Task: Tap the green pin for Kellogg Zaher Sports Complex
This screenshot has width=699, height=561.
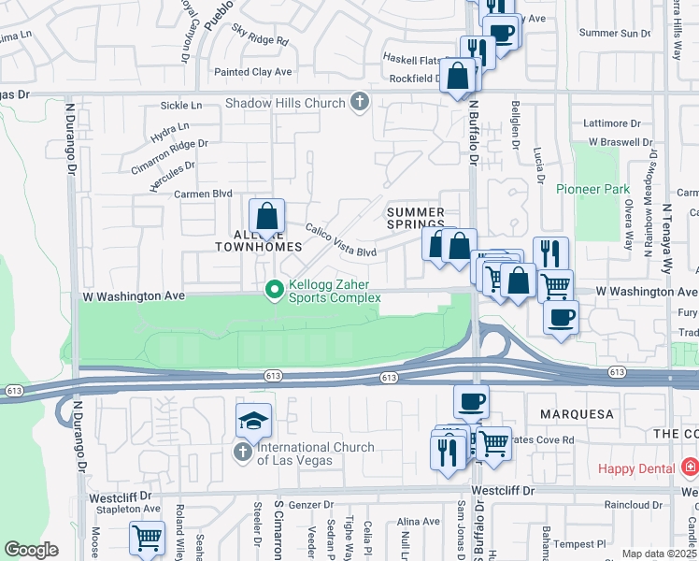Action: (274, 291)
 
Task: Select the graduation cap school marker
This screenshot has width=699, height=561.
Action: (253, 422)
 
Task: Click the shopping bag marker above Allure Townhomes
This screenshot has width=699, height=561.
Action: (267, 216)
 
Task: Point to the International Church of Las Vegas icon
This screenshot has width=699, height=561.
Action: (242, 453)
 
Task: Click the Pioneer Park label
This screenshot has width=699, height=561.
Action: (592, 189)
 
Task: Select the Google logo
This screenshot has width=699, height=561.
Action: (31, 550)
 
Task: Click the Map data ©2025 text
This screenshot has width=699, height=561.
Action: (660, 554)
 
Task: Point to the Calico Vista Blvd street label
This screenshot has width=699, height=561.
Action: (340, 240)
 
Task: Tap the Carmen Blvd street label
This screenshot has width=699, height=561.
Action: (203, 194)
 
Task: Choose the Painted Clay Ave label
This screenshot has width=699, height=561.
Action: (252, 72)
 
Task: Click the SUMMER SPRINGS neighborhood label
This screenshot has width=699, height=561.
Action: (416, 219)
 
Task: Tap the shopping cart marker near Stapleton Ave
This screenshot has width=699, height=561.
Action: (148, 539)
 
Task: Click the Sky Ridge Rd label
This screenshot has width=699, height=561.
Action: (260, 38)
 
